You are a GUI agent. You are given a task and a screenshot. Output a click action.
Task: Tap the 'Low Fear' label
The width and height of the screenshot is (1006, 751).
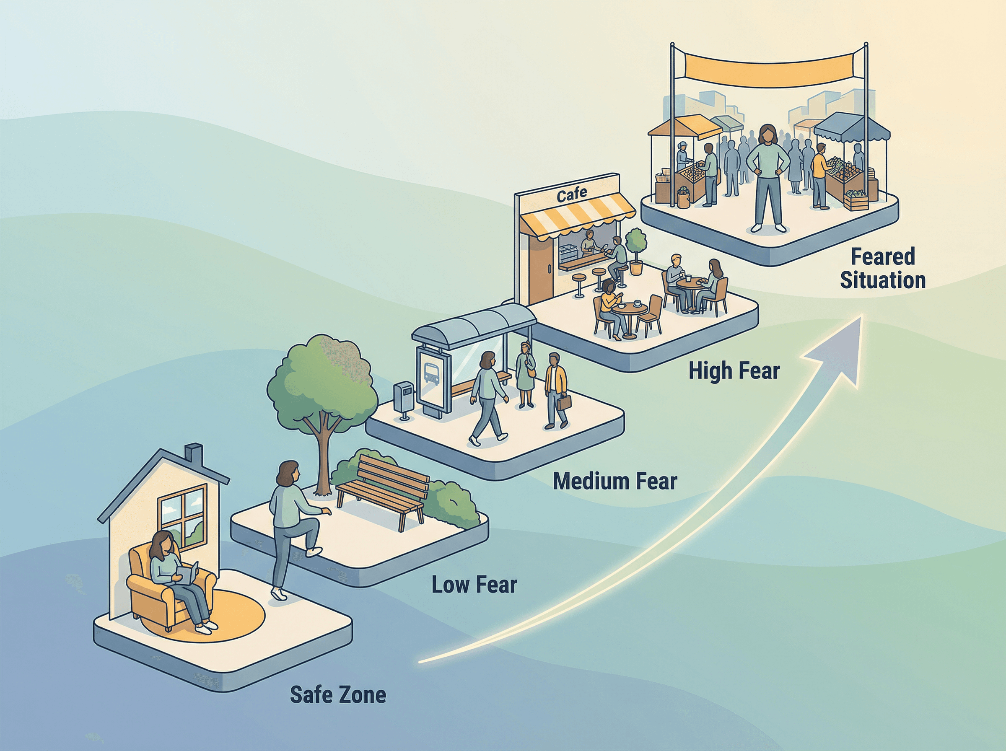pyautogui.click(x=474, y=585)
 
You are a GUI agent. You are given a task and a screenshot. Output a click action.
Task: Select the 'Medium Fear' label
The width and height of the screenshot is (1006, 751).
pyautogui.click(x=615, y=482)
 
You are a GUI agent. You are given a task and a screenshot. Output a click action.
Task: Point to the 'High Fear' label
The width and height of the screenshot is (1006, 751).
pyautogui.click(x=734, y=371)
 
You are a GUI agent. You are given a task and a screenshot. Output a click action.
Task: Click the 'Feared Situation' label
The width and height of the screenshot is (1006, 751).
pyautogui.click(x=882, y=269)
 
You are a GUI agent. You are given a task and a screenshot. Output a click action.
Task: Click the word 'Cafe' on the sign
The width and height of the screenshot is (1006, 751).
pyautogui.click(x=571, y=195)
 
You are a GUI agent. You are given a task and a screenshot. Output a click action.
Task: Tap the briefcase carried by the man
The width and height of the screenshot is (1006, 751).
pyautogui.click(x=564, y=403)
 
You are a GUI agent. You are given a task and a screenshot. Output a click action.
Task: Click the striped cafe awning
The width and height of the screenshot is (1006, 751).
pyautogui.click(x=577, y=218)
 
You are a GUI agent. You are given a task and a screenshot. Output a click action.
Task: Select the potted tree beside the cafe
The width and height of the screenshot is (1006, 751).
pyautogui.click(x=636, y=250)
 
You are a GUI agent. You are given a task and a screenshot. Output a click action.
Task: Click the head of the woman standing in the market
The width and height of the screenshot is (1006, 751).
pyautogui.click(x=767, y=135)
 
